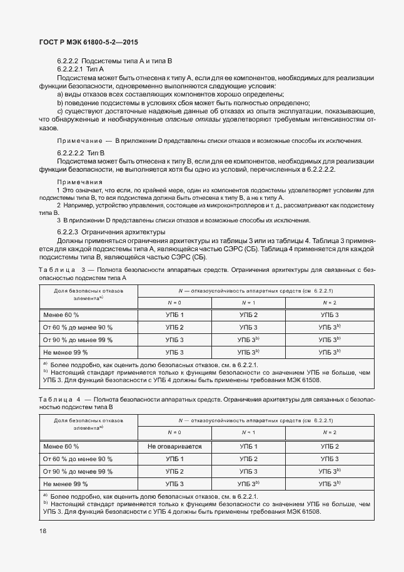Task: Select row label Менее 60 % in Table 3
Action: (x=61, y=315)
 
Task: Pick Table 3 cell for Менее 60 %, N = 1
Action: (x=248, y=315)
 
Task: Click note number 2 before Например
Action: (x=59, y=205)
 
